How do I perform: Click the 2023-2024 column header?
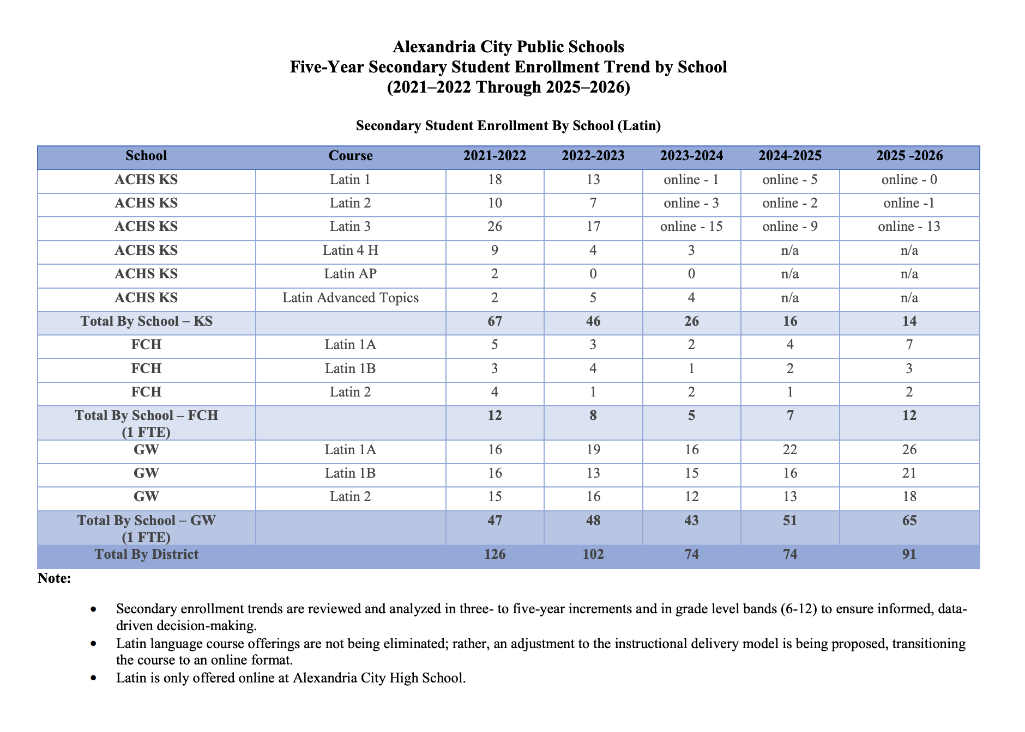[x=691, y=156]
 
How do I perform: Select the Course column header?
[x=351, y=156]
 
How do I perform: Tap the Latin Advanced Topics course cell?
[x=351, y=298]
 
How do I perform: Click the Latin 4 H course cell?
[x=351, y=251]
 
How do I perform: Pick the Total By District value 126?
[x=495, y=554]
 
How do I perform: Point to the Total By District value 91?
[x=909, y=554]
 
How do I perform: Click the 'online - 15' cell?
[x=691, y=227]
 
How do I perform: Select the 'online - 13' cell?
[x=909, y=227]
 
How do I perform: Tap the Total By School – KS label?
[x=146, y=321]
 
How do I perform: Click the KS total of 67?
[x=495, y=321]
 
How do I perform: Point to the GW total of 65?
[x=909, y=521]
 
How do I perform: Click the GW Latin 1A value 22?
[x=789, y=450]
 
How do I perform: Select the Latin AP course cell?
[x=351, y=274]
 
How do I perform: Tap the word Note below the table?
[x=54, y=578]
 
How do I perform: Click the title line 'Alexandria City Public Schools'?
[x=508, y=47]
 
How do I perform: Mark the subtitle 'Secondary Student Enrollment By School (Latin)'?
[x=508, y=126]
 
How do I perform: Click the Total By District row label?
[x=146, y=554]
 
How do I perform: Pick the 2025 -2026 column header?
[x=909, y=156]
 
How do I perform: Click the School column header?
[x=146, y=156]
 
